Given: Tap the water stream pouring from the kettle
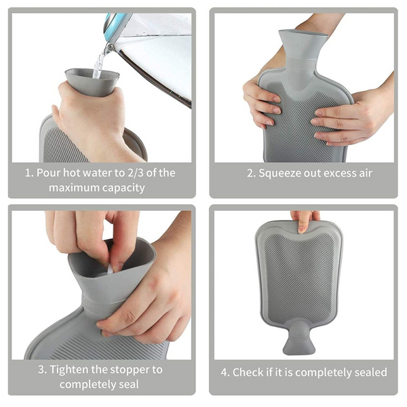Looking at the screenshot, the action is click(100, 61).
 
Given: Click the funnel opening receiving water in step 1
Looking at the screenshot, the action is click(92, 75).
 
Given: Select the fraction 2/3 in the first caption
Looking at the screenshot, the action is click(135, 173).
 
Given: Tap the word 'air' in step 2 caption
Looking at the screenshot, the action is click(366, 173).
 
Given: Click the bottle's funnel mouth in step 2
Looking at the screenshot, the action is click(303, 35).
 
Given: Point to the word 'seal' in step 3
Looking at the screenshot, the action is click(129, 384).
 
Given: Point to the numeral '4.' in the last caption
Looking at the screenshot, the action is click(225, 372).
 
